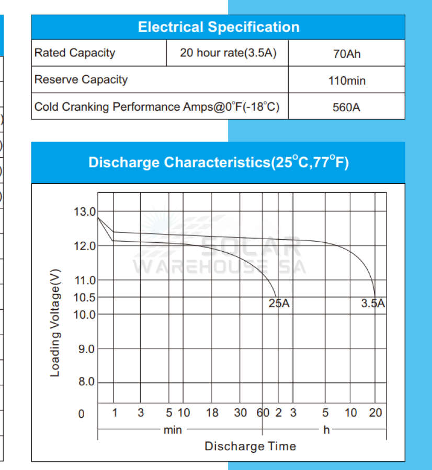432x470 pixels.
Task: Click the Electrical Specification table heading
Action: (218, 27)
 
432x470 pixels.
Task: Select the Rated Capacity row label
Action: (74, 53)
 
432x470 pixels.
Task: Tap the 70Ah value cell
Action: (347, 54)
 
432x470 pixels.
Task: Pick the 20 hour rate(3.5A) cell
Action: (228, 53)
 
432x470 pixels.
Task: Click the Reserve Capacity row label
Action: (81, 80)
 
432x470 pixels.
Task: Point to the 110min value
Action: (347, 81)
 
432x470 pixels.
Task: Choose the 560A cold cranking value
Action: (347, 108)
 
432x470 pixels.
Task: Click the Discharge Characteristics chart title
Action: (218, 162)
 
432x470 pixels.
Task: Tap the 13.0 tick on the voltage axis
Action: (85, 212)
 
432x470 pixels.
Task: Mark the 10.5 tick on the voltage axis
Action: (85, 298)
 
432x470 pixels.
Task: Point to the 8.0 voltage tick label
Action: (86, 382)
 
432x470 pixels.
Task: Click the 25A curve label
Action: (279, 304)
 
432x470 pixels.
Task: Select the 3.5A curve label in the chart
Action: (373, 303)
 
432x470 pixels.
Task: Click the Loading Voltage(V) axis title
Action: (55, 323)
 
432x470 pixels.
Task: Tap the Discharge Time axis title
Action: (250, 446)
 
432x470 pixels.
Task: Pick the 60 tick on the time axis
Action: (263, 413)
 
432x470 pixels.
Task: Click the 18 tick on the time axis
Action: (212, 413)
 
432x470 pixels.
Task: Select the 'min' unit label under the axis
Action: (173, 430)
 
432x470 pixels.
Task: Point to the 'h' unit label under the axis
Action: (327, 430)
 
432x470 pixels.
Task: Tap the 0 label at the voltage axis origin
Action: (81, 414)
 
